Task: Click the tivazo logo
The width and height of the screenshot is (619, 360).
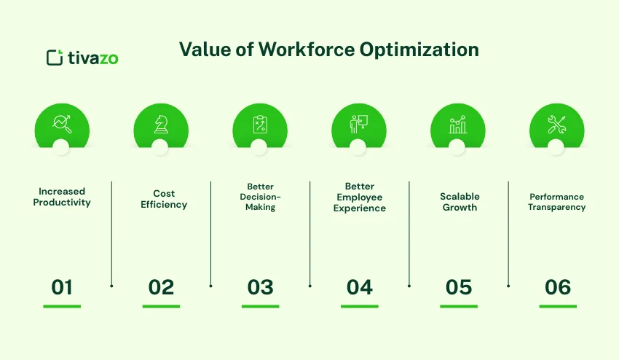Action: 82,58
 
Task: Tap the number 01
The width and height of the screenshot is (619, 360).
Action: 62,287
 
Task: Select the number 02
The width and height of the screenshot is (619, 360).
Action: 161,287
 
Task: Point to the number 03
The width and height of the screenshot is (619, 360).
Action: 260,287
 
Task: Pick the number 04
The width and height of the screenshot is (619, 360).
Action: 359,287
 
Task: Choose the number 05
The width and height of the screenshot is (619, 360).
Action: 459,287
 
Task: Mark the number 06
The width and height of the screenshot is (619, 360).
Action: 558,287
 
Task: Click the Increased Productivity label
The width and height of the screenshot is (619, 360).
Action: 62,197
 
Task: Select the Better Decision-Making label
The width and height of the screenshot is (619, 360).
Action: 260,197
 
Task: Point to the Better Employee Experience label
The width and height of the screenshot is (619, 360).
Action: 359,197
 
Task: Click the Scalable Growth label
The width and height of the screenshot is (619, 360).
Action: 460,202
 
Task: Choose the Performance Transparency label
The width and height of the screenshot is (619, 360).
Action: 558,202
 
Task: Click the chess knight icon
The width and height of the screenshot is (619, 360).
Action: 161,125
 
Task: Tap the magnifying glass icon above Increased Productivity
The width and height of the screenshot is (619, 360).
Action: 62,125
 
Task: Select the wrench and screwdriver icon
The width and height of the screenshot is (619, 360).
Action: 557,125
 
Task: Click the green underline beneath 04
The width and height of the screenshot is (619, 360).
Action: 359,306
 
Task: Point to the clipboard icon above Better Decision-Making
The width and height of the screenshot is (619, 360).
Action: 260,125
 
